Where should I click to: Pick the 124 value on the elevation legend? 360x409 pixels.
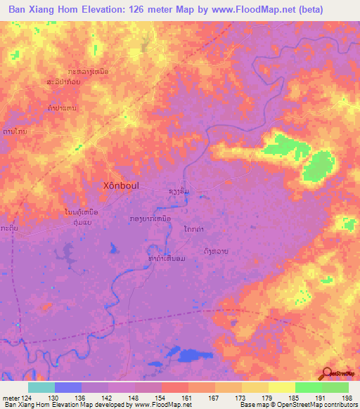click(28, 397)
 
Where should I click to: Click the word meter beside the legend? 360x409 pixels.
click(11, 397)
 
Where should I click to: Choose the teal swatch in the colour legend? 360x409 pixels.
click(41, 387)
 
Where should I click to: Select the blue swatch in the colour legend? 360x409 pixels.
click(68, 387)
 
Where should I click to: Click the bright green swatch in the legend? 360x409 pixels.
click(309, 387)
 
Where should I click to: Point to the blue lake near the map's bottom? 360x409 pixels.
click(194, 355)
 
